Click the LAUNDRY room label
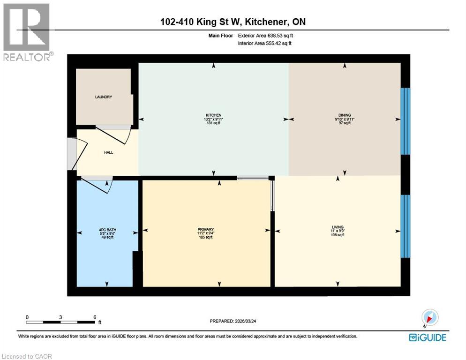coord(103,97)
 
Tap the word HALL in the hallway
coord(108,152)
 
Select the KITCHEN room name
coord(213,115)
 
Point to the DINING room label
coord(345,115)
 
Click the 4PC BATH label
coord(107,229)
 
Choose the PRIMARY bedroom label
coord(205,229)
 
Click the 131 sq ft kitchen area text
coord(213,123)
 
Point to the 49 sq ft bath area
coord(107,237)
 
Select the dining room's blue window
coord(405,121)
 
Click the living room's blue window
coord(405,226)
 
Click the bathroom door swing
coord(97,185)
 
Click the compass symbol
coord(429,317)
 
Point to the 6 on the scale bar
coord(95,317)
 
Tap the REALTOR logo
coord(27,32)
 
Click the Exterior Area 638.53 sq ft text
coord(266,36)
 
